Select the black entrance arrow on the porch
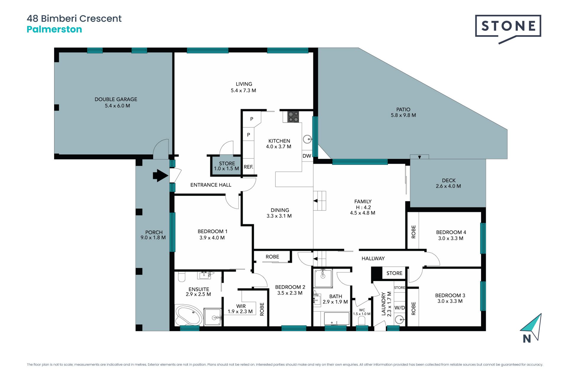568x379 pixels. click(160, 175)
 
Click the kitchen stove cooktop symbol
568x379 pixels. click(293, 117)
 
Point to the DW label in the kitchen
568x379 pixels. click(307, 156)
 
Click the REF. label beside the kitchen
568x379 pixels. click(248, 167)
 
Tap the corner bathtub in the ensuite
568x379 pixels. click(189, 315)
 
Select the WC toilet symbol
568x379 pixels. click(362, 321)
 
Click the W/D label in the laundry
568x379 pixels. click(400, 308)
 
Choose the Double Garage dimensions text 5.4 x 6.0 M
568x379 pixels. click(117, 106)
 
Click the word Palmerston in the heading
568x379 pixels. click(54, 29)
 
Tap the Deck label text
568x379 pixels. click(449, 180)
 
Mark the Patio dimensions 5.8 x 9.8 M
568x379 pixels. click(403, 115)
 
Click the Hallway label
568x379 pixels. click(373, 258)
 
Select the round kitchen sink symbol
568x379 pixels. click(308, 139)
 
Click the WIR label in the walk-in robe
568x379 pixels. click(241, 306)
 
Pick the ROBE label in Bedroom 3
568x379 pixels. click(414, 308)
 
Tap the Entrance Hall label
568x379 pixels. click(211, 185)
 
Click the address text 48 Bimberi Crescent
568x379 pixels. click(74, 18)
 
